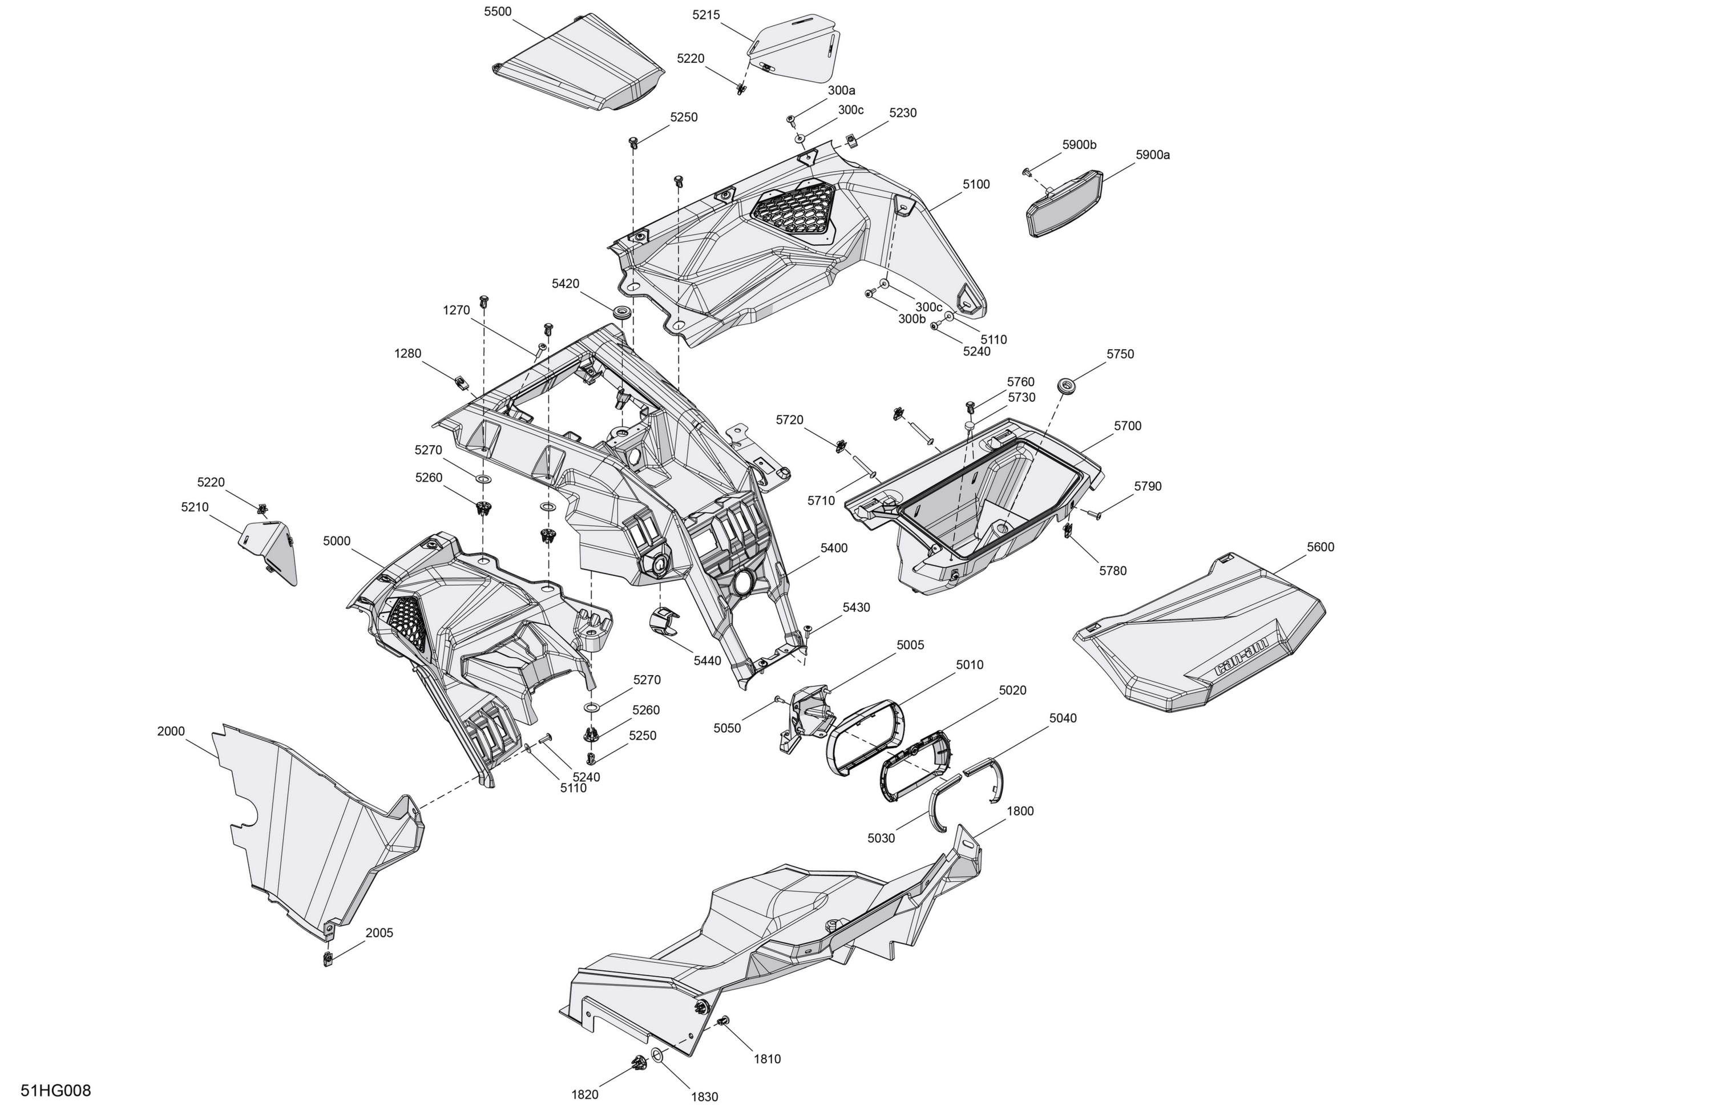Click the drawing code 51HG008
56,1091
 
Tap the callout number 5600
1321,547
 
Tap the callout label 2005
379,933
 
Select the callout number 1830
704,1097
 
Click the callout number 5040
1063,718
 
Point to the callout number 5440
707,661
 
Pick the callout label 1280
408,353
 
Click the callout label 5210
195,507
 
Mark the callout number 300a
842,91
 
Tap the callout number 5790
1148,486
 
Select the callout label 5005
910,645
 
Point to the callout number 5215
706,15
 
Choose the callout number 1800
1020,811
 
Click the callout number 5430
856,607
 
